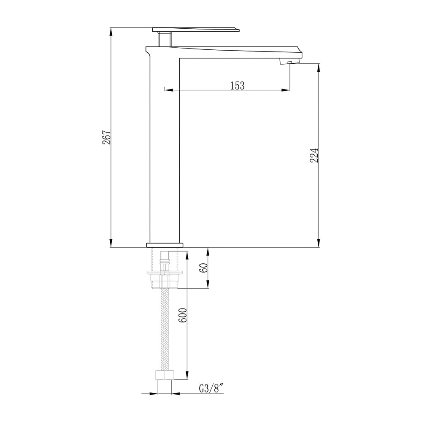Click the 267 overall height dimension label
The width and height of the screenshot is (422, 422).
tap(107, 137)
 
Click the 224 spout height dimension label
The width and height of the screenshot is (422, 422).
tap(314, 155)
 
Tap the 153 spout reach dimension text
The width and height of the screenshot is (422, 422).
tap(238, 86)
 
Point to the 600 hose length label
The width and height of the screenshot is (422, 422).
tap(182, 315)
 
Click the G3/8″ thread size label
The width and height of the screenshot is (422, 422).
tap(211, 389)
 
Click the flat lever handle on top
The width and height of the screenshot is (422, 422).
tap(196, 30)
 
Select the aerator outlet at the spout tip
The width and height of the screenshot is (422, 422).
tap(289, 62)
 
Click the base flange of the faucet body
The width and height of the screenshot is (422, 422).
tap(165, 245)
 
